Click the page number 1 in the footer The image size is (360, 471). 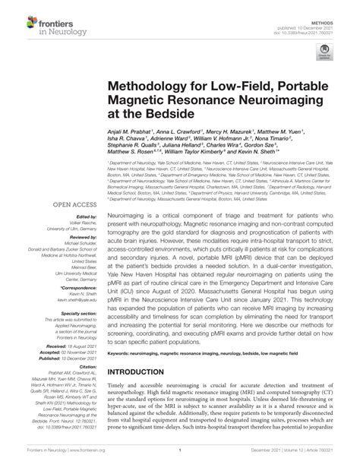180,460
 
